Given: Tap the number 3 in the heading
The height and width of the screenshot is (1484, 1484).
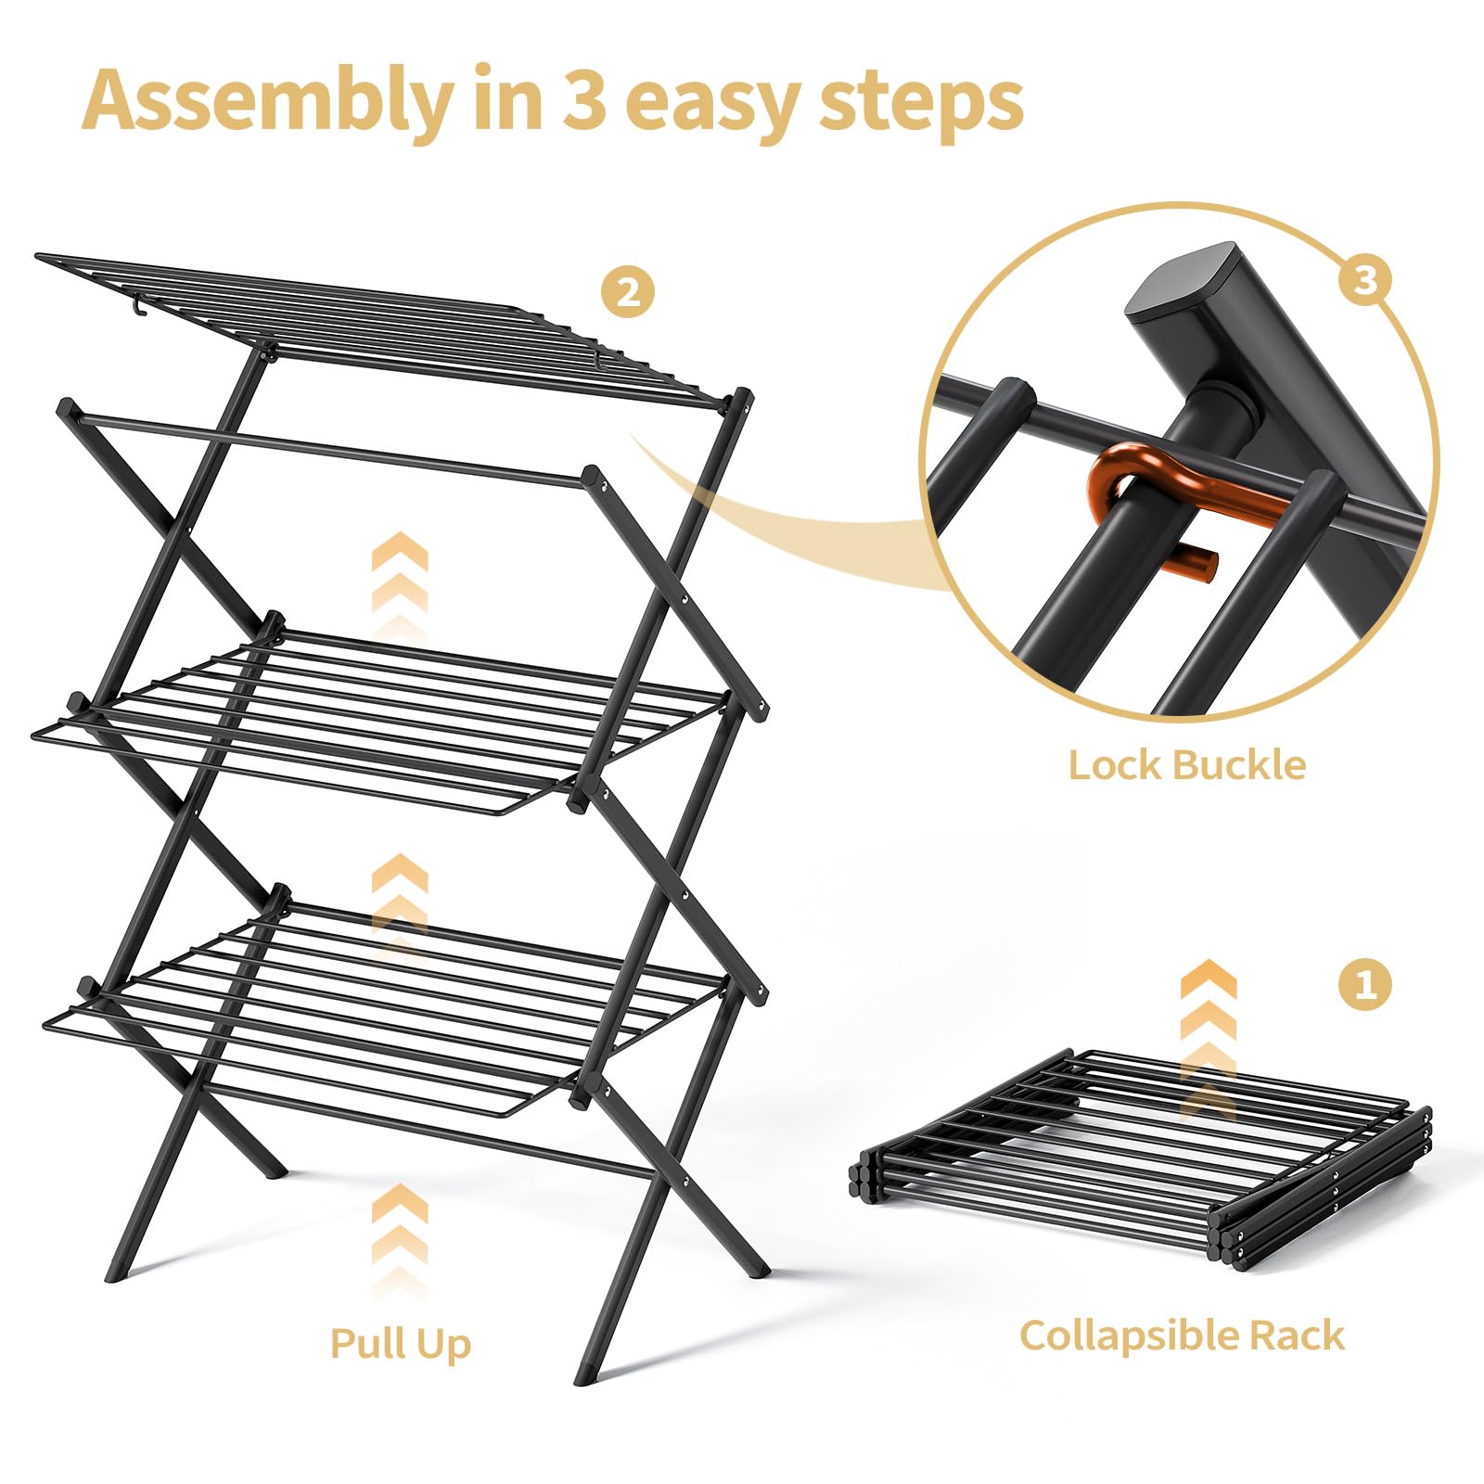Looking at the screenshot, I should [x=584, y=100].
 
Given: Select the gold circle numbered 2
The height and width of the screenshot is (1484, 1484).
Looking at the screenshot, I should [x=628, y=293].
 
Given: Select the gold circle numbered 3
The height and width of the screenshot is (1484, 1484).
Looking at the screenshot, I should [x=1364, y=277].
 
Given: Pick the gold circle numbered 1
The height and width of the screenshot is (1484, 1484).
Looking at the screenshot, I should [x=1365, y=982].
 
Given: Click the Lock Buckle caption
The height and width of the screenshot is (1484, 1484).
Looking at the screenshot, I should [x=1186, y=766].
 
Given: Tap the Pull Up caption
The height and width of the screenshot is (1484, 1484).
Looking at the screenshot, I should [x=401, y=1343].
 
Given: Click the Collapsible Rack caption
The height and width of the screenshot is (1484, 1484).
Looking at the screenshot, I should [x=1182, y=1336].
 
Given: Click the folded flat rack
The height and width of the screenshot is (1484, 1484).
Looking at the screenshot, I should [x=1141, y=1159].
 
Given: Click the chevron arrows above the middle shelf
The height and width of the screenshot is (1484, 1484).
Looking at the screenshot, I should [x=400, y=580].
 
